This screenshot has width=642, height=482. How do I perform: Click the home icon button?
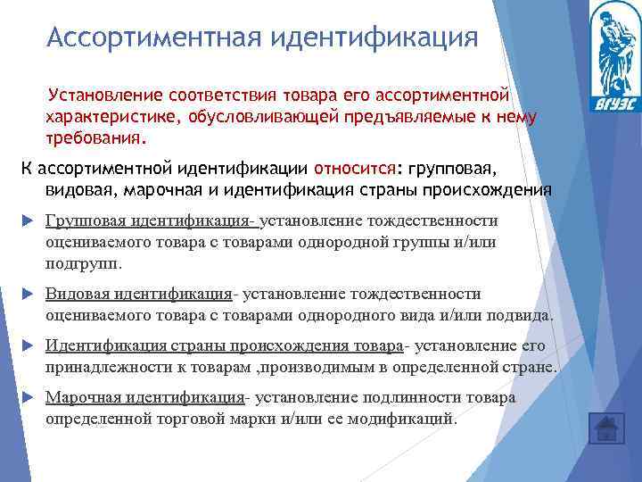pyautogui.click(x=606, y=428)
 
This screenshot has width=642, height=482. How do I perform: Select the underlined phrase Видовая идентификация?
pyautogui.click(x=138, y=294)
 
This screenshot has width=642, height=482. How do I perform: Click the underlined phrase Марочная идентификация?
pyautogui.click(x=144, y=397)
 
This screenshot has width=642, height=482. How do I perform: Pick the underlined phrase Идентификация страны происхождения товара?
pyautogui.click(x=224, y=345)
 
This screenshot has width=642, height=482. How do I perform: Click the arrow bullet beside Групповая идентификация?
pyautogui.click(x=27, y=221)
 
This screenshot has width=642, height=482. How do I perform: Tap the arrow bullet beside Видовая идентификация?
pyautogui.click(x=27, y=295)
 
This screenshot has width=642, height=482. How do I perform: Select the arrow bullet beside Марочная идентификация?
pyautogui.click(x=27, y=398)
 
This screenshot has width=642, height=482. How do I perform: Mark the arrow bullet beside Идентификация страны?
pyautogui.click(x=27, y=346)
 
